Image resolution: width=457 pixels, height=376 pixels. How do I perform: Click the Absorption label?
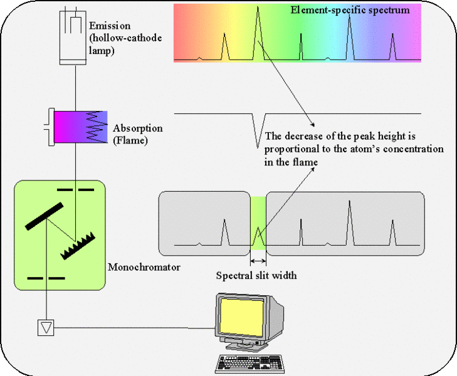(138, 128)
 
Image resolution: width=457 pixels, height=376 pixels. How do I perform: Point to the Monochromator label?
(144, 268)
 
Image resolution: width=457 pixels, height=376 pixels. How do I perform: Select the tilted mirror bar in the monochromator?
(44, 216)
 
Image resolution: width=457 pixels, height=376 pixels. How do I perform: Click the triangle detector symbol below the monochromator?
(47, 326)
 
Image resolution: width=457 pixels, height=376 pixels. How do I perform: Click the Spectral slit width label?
(256, 275)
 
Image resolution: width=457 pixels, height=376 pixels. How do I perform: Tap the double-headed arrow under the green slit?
(258, 260)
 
